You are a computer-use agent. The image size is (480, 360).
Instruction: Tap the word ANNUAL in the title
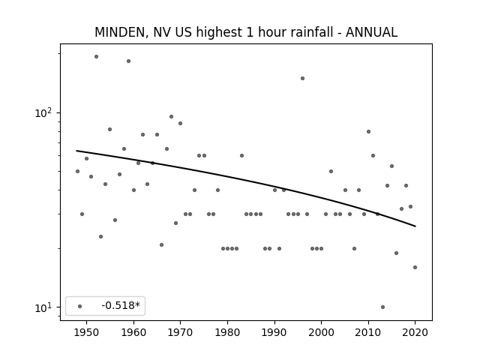(372, 32)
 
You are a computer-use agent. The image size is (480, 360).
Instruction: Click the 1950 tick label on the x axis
(87, 332)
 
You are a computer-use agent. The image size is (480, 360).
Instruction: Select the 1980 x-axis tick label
(227, 332)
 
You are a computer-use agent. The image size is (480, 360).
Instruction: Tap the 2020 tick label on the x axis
(415, 332)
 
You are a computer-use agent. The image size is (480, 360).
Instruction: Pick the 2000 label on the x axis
(321, 332)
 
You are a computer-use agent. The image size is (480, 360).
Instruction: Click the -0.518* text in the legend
(121, 305)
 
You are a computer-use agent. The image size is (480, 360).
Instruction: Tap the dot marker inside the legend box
(80, 306)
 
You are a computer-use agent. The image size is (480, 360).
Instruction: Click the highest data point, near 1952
(97, 57)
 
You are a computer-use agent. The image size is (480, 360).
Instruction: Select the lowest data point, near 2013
(382, 307)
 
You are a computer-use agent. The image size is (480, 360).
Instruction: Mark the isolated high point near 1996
(302, 78)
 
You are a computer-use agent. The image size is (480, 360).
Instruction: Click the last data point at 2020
(415, 267)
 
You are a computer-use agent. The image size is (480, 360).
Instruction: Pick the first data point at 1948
(77, 172)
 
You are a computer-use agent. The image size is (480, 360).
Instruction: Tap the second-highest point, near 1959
(128, 61)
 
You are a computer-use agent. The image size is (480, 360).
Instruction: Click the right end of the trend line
(415, 226)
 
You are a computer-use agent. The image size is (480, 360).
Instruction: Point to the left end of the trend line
(76, 151)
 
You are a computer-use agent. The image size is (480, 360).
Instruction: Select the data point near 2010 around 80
(368, 132)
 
